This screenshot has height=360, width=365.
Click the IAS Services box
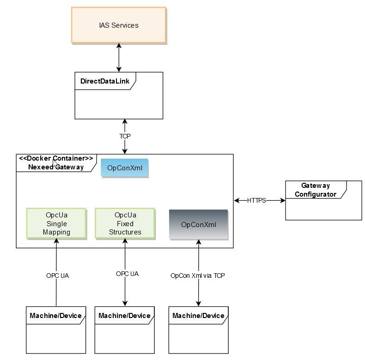click(119, 25)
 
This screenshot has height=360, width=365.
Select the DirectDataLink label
click(105, 81)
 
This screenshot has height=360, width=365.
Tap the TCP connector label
click(125, 137)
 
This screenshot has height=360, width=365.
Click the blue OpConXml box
click(125, 168)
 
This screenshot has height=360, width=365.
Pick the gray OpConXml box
click(198, 224)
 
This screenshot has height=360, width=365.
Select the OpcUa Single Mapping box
click(56, 223)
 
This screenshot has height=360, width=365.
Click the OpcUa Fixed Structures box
click(125, 223)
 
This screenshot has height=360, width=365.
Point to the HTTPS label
click(256, 200)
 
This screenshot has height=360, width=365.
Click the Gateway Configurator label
click(316, 190)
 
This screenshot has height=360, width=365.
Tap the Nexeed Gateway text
click(56, 167)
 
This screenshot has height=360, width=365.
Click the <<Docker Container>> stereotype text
click(56, 158)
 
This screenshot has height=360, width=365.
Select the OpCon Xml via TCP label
click(198, 276)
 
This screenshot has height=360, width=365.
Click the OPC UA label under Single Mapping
click(57, 276)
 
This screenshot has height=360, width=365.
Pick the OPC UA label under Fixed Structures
click(127, 274)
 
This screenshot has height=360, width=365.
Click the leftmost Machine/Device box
click(56, 330)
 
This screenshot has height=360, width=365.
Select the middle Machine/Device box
click(125, 330)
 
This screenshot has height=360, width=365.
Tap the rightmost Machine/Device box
click(198, 330)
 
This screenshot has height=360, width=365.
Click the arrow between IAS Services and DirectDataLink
click(119, 58)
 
